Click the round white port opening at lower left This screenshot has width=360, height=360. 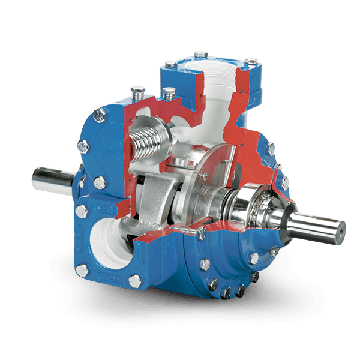(109, 240)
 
